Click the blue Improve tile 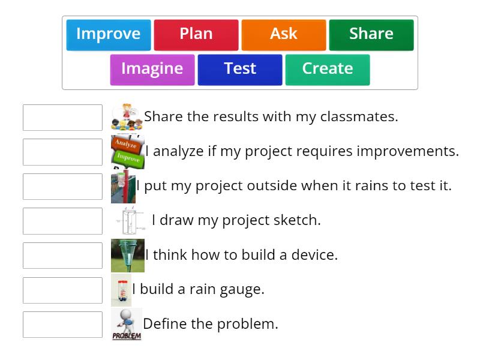(109, 34)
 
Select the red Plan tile (196, 34)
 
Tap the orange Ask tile (284, 34)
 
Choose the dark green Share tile (371, 34)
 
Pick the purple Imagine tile (152, 69)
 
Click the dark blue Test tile (240, 69)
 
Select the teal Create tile (328, 69)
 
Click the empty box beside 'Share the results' (62, 118)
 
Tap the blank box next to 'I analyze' (62, 152)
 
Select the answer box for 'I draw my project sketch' (62, 221)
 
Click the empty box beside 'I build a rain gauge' (62, 290)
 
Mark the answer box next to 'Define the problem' (62, 325)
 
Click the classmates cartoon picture (127, 117)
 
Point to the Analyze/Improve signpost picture (127, 151)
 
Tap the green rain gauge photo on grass (127, 256)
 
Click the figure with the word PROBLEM (127, 325)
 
